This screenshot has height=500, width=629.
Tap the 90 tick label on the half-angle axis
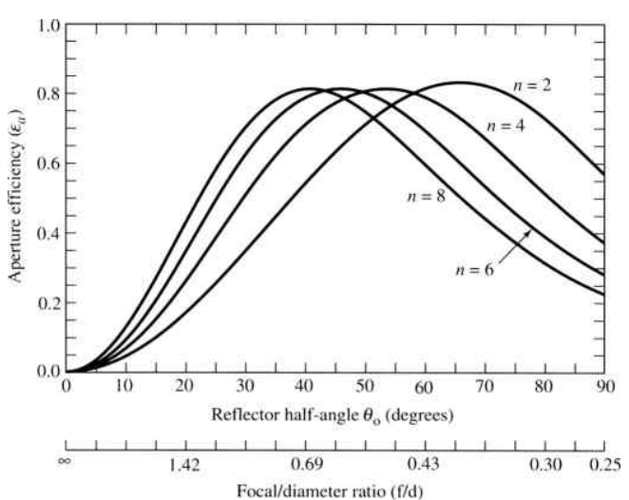(603, 388)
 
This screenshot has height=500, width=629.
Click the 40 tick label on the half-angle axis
(304, 388)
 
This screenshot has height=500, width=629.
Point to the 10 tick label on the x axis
(124, 388)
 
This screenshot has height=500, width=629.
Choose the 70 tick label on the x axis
(484, 388)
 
